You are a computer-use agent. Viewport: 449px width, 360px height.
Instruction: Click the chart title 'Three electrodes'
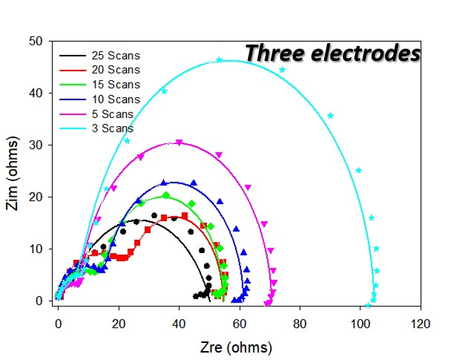[332, 53]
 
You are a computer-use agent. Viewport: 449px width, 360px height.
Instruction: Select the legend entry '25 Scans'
[115, 56]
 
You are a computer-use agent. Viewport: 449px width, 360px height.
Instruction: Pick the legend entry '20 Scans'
[115, 70]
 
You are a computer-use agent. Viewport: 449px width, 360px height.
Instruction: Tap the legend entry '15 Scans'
[115, 85]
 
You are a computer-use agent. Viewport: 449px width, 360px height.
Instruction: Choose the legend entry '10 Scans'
[115, 99]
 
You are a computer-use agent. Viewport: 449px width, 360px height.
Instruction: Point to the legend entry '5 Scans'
[112, 114]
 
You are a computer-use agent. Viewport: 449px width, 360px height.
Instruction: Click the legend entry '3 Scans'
[112, 128]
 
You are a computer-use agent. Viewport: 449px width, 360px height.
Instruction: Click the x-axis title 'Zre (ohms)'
[236, 347]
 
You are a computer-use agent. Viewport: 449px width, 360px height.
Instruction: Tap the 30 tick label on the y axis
[36, 145]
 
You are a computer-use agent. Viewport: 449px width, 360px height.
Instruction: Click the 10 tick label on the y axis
[36, 249]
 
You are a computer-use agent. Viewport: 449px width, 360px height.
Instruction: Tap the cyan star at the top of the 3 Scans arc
[219, 60]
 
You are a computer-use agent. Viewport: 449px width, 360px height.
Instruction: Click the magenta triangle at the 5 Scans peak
[179, 143]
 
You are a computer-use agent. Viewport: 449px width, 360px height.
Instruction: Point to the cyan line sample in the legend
[73, 128]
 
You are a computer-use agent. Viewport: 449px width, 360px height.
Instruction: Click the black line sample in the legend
[73, 56]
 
